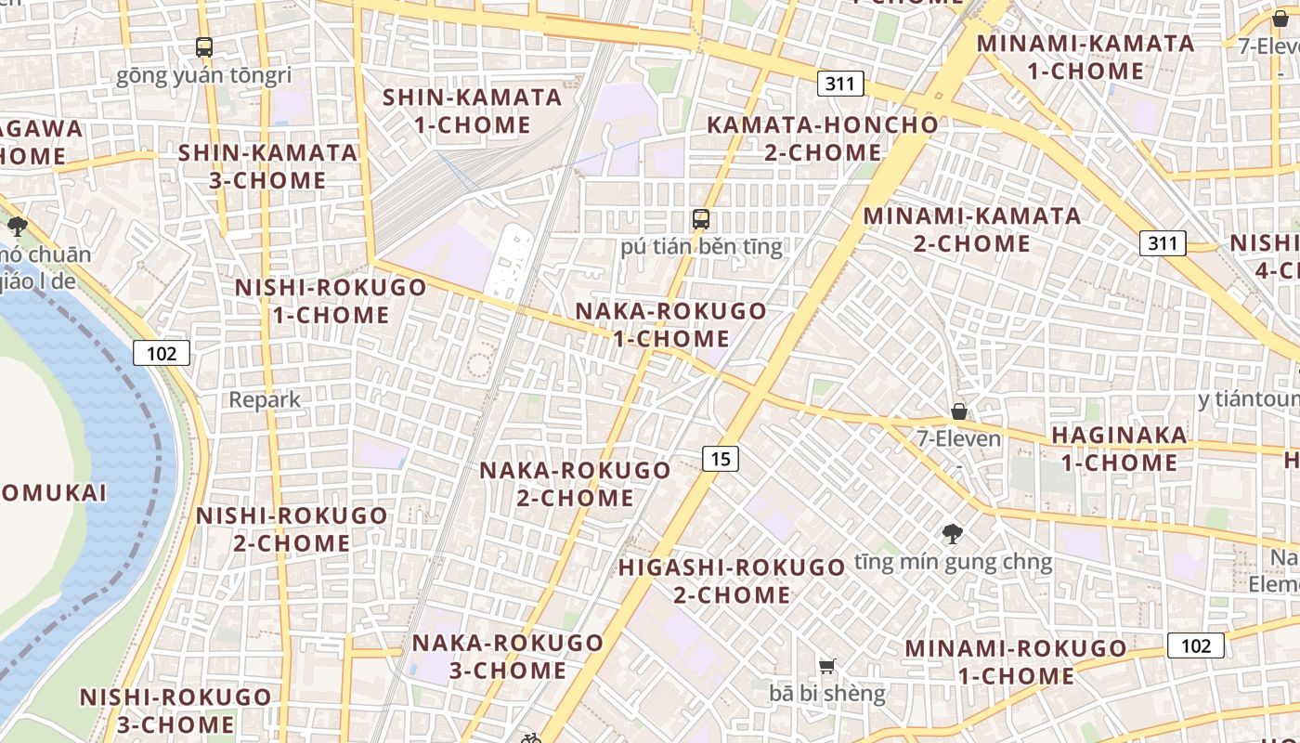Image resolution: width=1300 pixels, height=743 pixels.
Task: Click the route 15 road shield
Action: click(x=720, y=457)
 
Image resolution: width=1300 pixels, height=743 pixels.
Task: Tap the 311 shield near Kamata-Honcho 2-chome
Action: click(x=840, y=84)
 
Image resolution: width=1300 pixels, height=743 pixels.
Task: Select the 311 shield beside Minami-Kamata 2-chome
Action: click(x=1163, y=243)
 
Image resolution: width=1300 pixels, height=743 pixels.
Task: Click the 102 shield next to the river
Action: click(x=161, y=353)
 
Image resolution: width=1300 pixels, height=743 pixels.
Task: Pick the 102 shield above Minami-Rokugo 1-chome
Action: click(x=1196, y=645)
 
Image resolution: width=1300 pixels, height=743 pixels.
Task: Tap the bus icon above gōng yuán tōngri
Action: click(x=203, y=46)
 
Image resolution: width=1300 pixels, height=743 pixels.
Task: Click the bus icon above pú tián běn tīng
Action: click(x=701, y=219)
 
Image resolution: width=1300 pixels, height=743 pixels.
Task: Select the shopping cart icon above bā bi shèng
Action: click(x=826, y=665)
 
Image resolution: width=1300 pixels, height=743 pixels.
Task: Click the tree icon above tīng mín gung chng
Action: click(x=952, y=533)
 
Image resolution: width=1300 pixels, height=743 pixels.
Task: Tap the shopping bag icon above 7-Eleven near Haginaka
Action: click(x=958, y=411)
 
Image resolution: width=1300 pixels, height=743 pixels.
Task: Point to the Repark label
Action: click(x=265, y=400)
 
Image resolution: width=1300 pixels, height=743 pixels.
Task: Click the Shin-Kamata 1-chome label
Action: click(x=472, y=111)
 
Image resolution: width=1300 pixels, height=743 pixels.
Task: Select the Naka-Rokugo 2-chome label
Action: click(x=575, y=484)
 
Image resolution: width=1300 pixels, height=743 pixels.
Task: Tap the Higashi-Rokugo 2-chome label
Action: click(x=732, y=580)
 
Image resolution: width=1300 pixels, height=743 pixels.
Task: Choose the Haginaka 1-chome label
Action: click(x=1119, y=449)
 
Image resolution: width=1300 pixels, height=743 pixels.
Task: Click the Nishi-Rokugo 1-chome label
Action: click(x=331, y=301)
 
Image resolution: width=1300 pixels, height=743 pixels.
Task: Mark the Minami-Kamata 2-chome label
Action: click(x=972, y=229)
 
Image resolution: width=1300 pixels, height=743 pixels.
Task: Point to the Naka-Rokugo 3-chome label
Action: click(x=508, y=656)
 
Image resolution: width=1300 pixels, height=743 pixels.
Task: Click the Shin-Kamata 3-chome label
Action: click(x=267, y=166)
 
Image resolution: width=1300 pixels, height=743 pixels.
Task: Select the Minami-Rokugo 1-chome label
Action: click(x=1016, y=662)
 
